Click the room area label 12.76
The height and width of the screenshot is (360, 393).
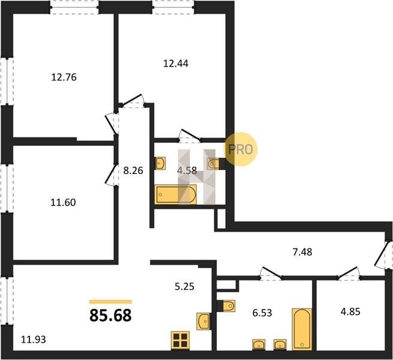tap(64, 77)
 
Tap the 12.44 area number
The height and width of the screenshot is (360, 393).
tap(176, 64)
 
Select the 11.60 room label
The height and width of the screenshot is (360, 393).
tap(63, 202)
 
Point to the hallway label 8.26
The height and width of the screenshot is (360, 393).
tap(133, 171)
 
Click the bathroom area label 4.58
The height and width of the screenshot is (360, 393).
tap(187, 171)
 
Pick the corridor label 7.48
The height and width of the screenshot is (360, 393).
tap(302, 252)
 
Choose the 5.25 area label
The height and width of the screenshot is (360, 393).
tap(184, 286)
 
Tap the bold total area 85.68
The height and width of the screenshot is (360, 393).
tap(110, 315)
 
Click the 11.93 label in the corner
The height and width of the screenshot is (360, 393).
tap(34, 340)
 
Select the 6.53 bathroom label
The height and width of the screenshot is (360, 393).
tap(262, 313)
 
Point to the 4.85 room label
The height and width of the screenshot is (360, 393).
tap(350, 311)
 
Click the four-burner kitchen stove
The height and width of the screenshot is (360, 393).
tap(180, 340)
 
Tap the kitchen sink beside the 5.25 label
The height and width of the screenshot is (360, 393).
tap(203, 321)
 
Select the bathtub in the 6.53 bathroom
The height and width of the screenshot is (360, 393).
tap(302, 329)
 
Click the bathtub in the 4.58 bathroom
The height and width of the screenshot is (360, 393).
tap(175, 194)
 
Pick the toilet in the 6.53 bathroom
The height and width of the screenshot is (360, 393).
tap(226, 306)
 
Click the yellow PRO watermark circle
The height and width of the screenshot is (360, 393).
tap(241, 149)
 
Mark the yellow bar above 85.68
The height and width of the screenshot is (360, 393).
tap(110, 302)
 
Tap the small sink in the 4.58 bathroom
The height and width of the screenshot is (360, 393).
tap(160, 163)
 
